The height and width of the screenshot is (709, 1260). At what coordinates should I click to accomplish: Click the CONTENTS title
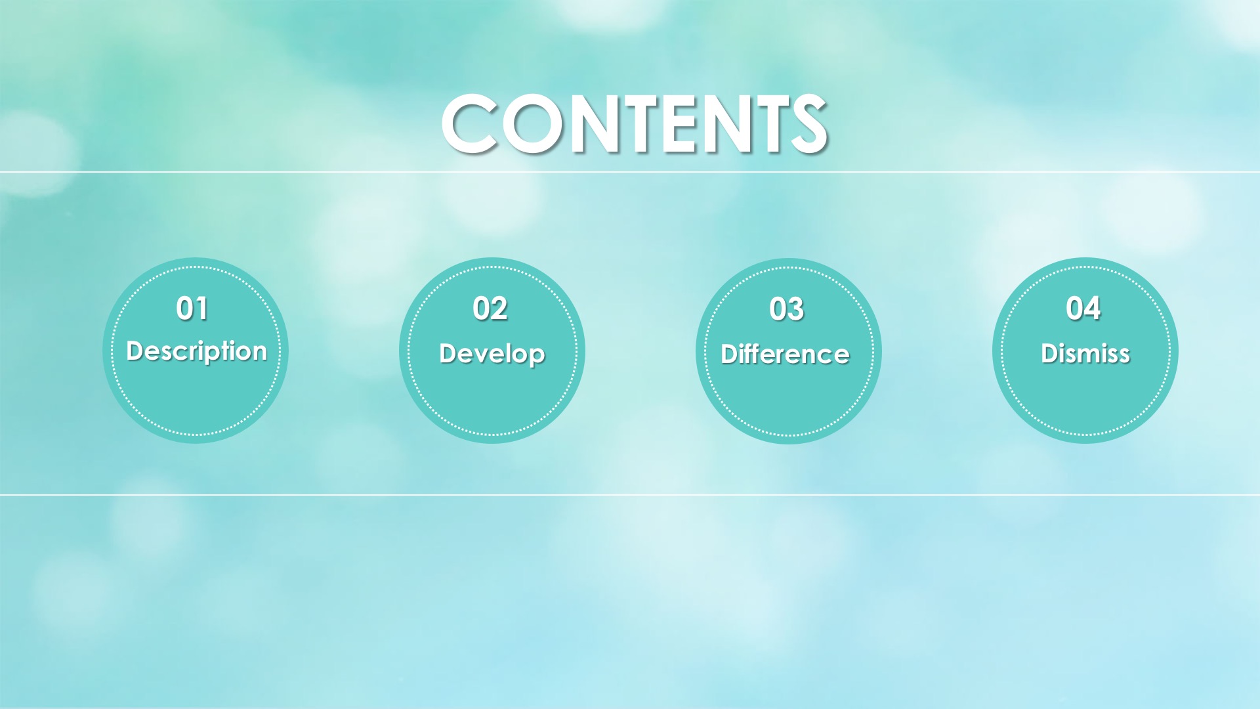coord(634,123)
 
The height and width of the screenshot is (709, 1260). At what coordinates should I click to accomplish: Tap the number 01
coord(192,309)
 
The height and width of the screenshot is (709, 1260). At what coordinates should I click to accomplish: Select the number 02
coord(490,309)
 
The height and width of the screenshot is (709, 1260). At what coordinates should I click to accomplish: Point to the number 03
coord(787,309)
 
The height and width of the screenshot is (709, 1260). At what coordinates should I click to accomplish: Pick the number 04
coord(1083,309)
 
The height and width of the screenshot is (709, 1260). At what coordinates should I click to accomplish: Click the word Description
coord(197,351)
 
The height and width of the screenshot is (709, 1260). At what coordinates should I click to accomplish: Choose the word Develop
coord(492,354)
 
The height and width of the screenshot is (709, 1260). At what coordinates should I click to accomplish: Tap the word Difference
coord(786,354)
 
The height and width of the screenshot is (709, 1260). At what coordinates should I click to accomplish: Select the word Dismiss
coord(1085,353)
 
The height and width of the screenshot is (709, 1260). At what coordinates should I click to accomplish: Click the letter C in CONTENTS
coord(469,124)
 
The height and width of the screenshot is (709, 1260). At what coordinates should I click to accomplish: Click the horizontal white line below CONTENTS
coord(630,172)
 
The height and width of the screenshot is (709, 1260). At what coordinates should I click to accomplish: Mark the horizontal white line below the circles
coord(630,495)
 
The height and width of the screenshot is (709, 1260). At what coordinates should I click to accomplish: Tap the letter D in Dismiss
coord(1050,353)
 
